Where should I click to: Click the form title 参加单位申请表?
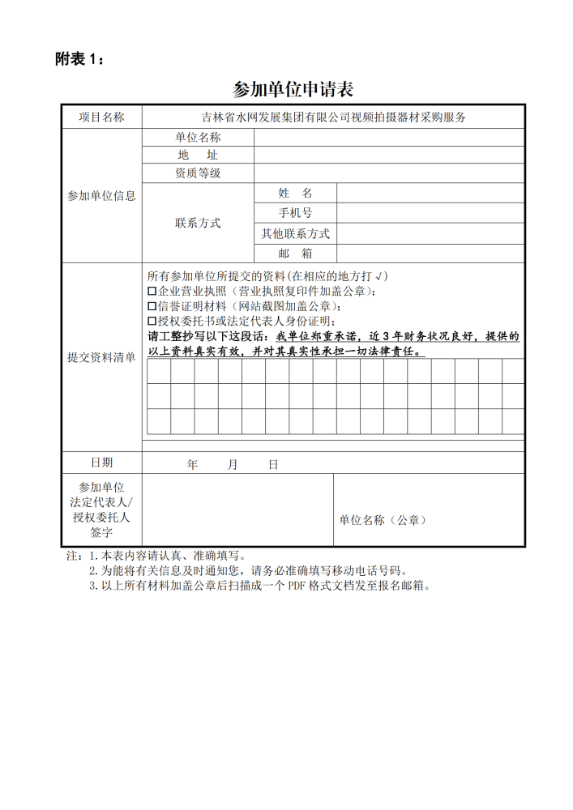293,88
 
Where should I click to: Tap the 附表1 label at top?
79,58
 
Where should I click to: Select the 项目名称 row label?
101,117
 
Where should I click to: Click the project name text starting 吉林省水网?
333,117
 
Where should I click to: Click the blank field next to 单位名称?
389,138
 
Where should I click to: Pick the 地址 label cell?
198,155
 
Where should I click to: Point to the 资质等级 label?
198,173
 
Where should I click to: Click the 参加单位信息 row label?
101,196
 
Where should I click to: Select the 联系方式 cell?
198,223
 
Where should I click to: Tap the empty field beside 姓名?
430,193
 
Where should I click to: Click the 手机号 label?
295,213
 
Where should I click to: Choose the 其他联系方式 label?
295,233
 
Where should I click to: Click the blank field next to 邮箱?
430,254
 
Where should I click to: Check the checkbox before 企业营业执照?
152,291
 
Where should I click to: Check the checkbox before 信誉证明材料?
152,306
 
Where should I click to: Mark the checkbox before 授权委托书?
152,322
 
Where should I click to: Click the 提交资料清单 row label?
101,357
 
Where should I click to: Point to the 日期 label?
101,463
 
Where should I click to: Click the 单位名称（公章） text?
383,520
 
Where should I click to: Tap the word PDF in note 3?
298,586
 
